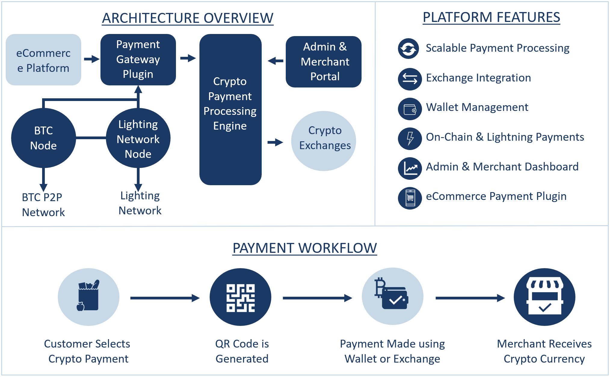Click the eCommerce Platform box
coord(43,60)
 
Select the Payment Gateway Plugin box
coord(138,60)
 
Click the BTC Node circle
coord(43,138)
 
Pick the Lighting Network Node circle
coord(138,139)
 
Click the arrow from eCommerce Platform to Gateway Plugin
coord(91,59)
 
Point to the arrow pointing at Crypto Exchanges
coord(275,142)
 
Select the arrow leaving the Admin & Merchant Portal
coord(276,61)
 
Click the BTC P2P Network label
coord(43,205)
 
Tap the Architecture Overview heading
coord(188,18)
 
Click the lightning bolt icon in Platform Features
coord(410,139)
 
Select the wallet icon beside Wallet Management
coord(410,109)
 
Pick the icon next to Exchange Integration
coord(410,79)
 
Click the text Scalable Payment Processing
coord(498,48)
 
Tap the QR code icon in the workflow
coord(240,298)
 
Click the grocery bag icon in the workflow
coord(88,296)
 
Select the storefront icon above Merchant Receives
coord(544,296)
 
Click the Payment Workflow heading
coord(305,248)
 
